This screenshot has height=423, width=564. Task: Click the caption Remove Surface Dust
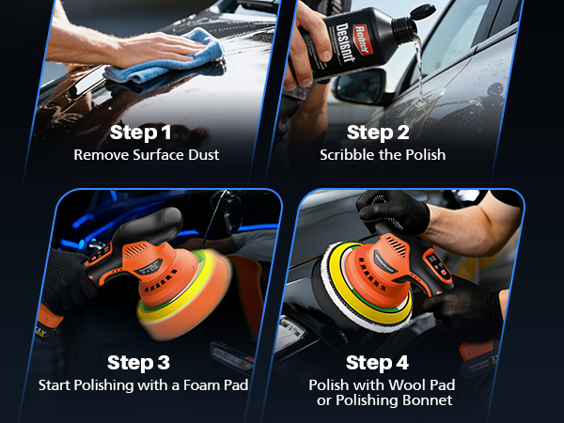pyautogui.click(x=146, y=154)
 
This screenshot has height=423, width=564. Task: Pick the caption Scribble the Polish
pyautogui.click(x=383, y=154)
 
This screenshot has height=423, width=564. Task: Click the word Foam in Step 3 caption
pyautogui.click(x=182, y=384)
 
